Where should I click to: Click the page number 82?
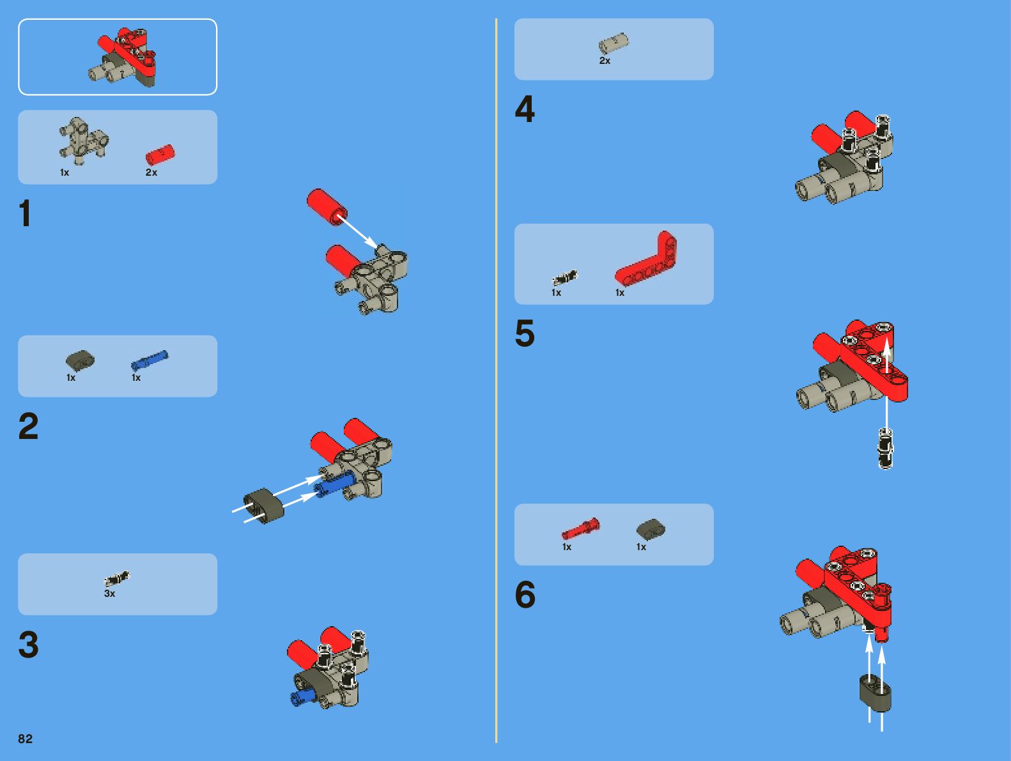click(25, 739)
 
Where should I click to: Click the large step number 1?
click(25, 213)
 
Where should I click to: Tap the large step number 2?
click(28, 426)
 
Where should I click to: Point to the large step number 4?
click(525, 109)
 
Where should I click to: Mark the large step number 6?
click(525, 594)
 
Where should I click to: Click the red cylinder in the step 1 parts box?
click(160, 155)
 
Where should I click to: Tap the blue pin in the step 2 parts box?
click(150, 360)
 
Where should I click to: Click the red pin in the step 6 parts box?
click(580, 528)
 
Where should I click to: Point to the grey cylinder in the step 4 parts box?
click(614, 43)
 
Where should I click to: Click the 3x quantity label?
click(110, 594)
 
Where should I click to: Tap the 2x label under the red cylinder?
click(151, 172)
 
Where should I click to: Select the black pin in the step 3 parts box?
click(117, 578)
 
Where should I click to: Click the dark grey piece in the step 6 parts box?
click(651, 529)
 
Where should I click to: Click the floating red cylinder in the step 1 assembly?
click(327, 207)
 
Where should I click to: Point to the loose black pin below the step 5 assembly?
click(886, 448)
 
